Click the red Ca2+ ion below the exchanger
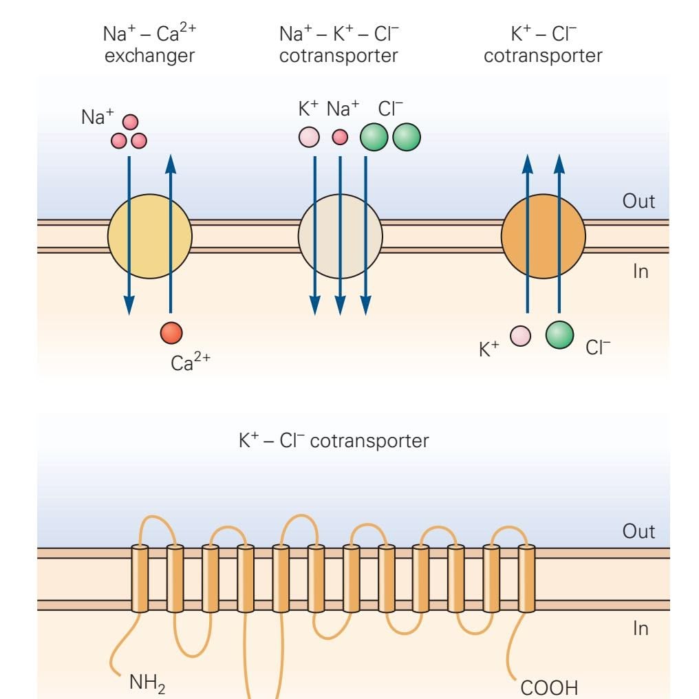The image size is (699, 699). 171,332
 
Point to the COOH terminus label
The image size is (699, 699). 549,687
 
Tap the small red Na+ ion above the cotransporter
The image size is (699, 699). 340,137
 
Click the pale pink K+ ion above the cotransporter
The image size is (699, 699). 309,136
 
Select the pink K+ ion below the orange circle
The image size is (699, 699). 520,336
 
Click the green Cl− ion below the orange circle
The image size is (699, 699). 559,335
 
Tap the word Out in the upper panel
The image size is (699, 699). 638,201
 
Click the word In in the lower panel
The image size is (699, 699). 640,628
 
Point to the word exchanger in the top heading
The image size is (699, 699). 149,55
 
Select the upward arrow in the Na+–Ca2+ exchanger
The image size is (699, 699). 171,234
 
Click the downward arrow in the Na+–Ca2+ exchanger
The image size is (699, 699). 129,234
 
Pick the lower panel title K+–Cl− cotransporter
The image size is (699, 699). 334,440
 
